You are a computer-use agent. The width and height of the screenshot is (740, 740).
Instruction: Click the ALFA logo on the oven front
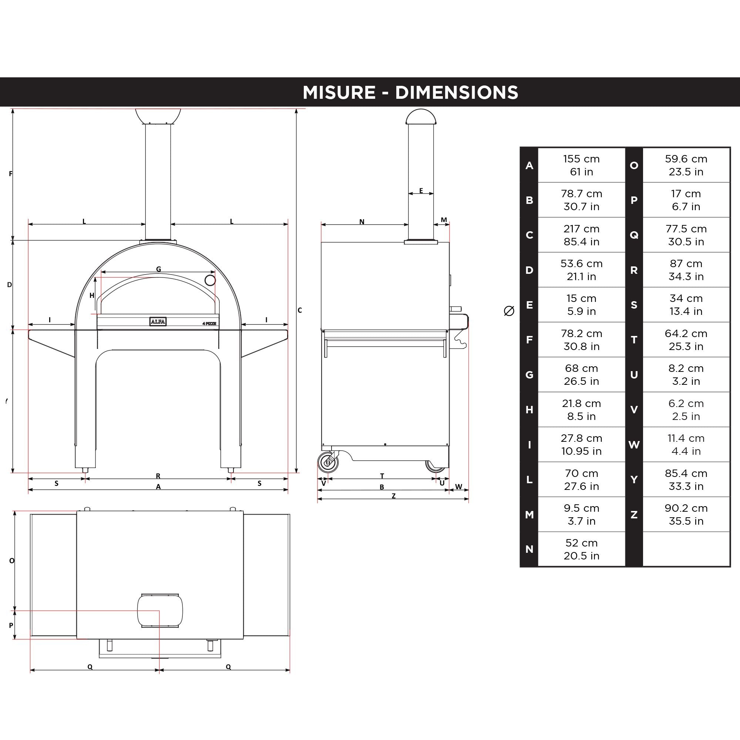point(158,322)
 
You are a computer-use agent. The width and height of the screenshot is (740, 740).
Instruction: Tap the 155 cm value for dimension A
point(581,159)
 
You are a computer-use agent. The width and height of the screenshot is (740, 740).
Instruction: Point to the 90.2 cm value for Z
point(686,508)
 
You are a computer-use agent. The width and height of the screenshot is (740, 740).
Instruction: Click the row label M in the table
point(529,515)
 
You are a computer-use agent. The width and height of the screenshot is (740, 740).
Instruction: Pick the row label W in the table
point(634,445)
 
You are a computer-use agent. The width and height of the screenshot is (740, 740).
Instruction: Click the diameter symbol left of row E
point(509,311)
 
